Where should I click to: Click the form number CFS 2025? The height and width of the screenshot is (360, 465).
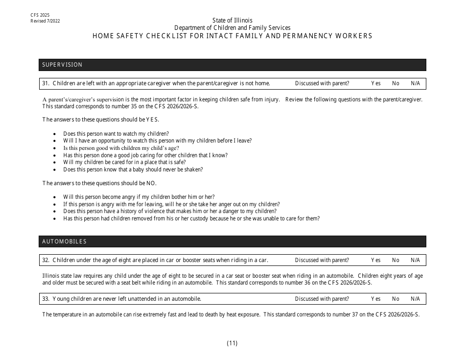[x=40, y=16]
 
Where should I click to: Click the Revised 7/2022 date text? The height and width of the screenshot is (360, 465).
[x=45, y=21]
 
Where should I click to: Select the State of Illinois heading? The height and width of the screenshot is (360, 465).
[x=232, y=20]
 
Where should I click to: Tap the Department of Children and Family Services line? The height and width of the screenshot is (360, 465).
[x=232, y=28]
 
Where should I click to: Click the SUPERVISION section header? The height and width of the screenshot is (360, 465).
[x=62, y=65]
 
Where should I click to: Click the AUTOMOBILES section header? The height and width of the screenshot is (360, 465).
[x=64, y=241]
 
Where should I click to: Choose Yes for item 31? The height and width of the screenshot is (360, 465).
[x=375, y=83]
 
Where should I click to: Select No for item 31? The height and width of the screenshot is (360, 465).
[x=395, y=83]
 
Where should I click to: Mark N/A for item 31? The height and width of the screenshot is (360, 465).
[x=415, y=83]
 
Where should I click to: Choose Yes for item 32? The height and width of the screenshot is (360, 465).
[x=375, y=260]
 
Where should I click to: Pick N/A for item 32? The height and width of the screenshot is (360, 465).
[x=415, y=260]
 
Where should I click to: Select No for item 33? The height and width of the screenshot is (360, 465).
[x=395, y=299]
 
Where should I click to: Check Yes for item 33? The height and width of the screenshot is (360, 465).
[x=375, y=299]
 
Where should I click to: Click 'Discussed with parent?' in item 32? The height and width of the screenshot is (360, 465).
[x=322, y=260]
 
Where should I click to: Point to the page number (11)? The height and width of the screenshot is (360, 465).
[x=232, y=343]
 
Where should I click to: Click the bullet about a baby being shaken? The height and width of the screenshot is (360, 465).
[x=133, y=169]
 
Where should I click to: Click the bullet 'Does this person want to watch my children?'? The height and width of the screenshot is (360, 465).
[x=116, y=134]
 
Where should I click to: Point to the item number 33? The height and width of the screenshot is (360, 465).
[x=46, y=299]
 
